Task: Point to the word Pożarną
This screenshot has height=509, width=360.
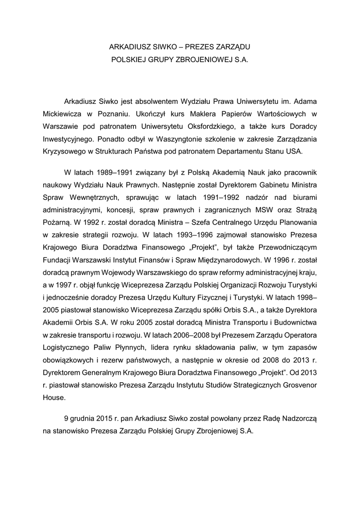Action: tap(58, 222)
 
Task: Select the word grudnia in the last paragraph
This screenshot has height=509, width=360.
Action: tap(86, 419)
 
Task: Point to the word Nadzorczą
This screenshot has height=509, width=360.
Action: tap(295, 419)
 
